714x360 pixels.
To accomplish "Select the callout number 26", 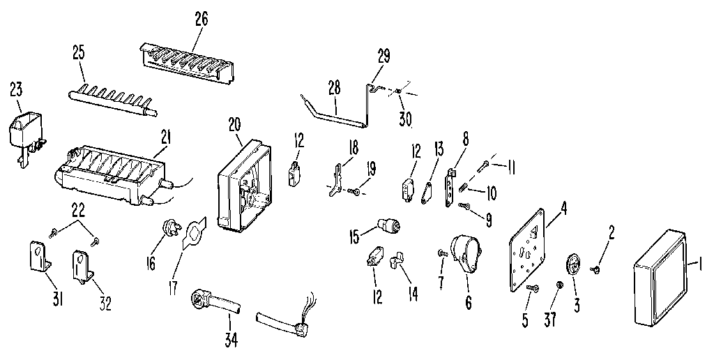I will [x=201, y=19].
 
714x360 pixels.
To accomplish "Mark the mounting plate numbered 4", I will [x=530, y=241].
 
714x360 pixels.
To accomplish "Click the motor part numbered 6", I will [x=468, y=255].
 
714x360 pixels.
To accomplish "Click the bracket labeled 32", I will [x=83, y=266].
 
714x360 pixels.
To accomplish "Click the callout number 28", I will [x=333, y=87].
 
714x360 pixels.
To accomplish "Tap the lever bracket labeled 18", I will [x=338, y=177].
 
